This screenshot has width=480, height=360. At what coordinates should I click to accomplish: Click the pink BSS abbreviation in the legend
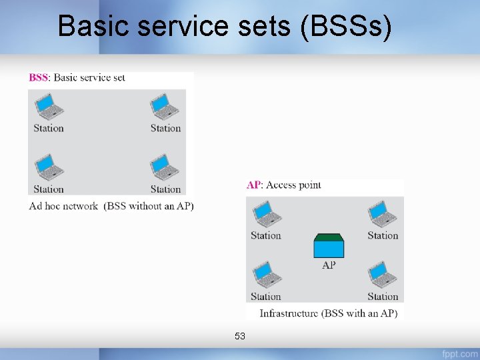38,77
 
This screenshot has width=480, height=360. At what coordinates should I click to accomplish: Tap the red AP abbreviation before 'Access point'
253,185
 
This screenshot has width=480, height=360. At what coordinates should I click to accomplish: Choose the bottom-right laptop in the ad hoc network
163,167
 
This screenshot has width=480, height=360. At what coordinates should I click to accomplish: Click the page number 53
240,336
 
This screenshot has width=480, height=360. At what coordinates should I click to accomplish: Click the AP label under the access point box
329,265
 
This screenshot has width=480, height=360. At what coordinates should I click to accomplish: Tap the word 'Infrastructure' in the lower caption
289,313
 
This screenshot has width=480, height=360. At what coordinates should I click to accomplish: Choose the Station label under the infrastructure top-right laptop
383,235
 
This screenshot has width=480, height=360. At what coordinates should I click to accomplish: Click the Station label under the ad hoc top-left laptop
49,128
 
